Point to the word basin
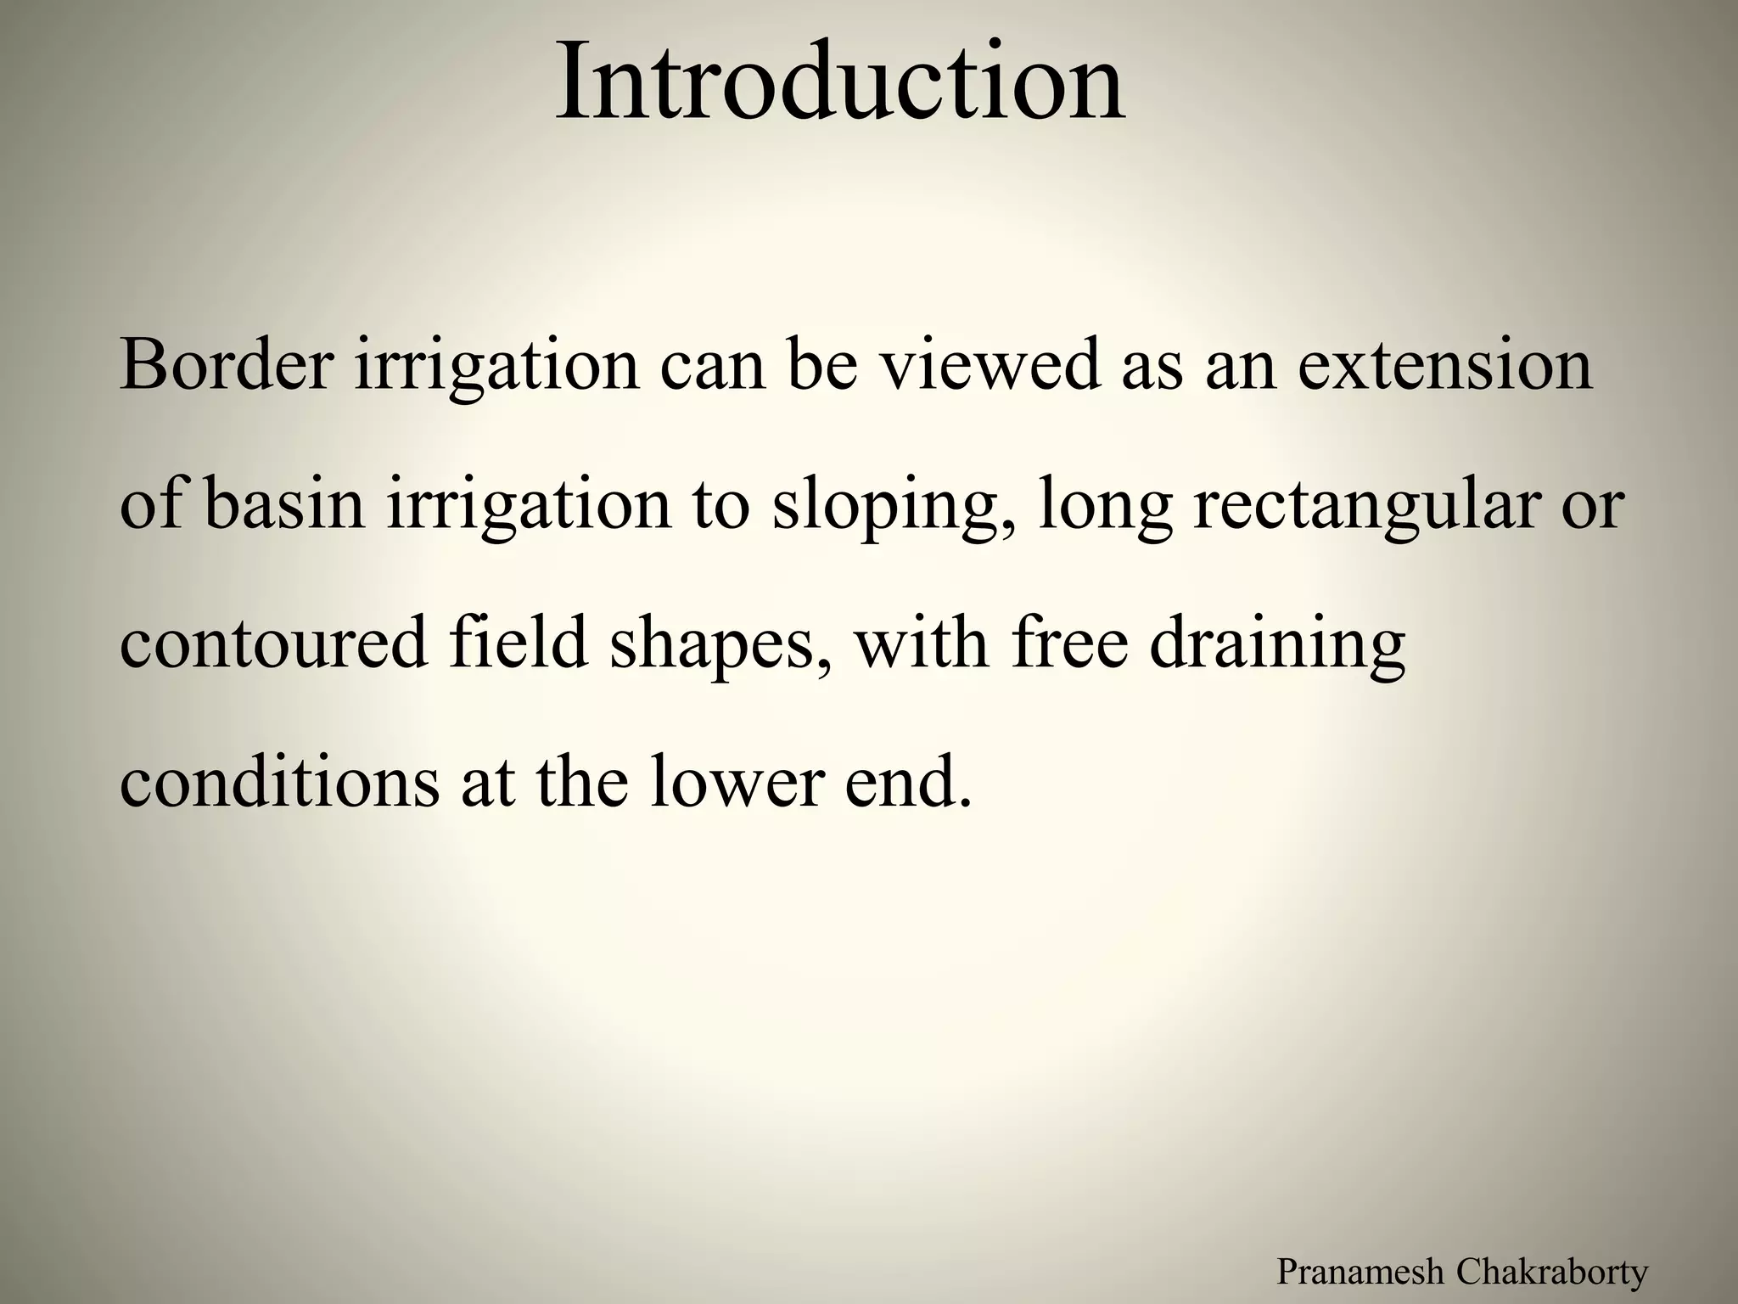[x=283, y=504]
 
